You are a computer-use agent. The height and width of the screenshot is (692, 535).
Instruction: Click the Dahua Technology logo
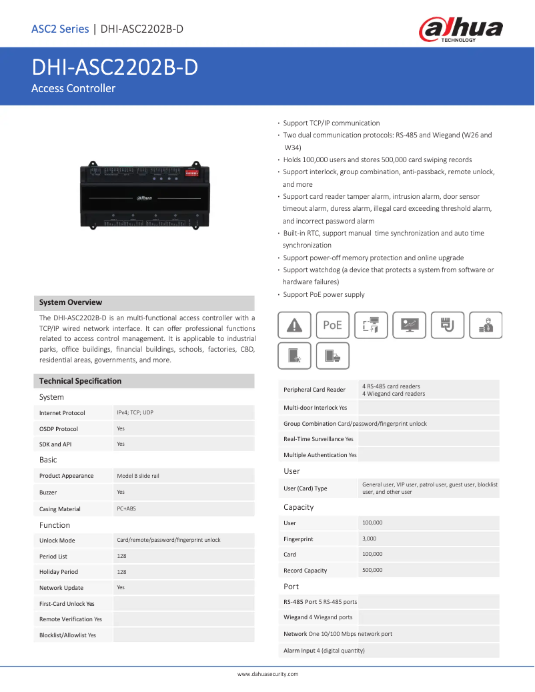[x=460, y=29]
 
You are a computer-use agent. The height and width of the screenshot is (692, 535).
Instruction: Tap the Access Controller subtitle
[x=73, y=89]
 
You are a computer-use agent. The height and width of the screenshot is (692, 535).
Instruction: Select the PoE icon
[x=332, y=325]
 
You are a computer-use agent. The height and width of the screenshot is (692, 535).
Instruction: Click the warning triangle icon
[x=294, y=325]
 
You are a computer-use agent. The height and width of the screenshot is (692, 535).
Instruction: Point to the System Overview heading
[x=71, y=303]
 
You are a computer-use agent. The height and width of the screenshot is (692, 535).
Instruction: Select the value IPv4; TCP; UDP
[x=135, y=413]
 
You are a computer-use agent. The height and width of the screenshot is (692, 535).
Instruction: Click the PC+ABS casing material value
[x=127, y=508]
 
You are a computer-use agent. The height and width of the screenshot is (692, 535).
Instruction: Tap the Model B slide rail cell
[x=138, y=476]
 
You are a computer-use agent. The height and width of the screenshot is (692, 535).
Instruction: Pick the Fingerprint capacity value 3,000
[x=369, y=539]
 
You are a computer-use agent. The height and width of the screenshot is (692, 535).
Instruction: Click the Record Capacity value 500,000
[x=372, y=570]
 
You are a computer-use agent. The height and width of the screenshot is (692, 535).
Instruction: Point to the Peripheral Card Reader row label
[x=314, y=390]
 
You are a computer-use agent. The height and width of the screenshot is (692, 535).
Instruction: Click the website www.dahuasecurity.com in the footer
[x=267, y=675]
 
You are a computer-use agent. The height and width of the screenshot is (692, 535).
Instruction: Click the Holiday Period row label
[x=59, y=572]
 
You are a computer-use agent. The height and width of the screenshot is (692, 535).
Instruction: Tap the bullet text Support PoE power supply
[x=324, y=295]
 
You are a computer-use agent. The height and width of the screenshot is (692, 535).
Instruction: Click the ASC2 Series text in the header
[x=60, y=29]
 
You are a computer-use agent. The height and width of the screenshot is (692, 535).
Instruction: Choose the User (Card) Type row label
[x=306, y=488]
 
